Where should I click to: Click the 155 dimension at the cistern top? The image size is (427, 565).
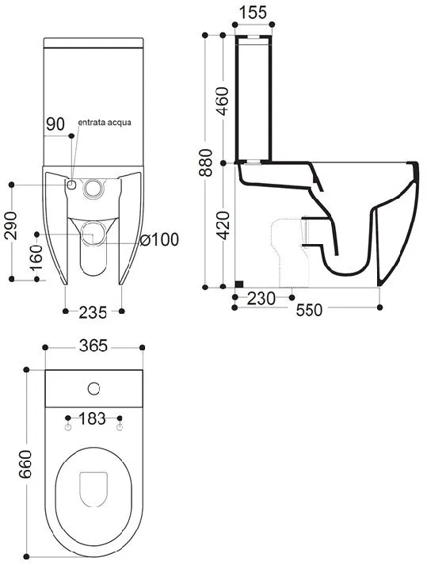pos(253,12)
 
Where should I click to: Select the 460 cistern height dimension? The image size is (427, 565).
pos(222,101)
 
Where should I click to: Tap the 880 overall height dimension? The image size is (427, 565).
pos(206,162)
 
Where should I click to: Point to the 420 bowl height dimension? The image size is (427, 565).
pos(223,226)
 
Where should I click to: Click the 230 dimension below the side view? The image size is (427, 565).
pos(261,299)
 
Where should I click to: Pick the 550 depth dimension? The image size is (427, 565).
pos(309,310)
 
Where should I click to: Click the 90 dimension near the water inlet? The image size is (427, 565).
pos(55,124)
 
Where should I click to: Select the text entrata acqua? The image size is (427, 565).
pos(105,123)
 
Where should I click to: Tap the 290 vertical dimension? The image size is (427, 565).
pos(10,226)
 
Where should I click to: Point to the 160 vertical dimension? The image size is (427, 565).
pos(36,258)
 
